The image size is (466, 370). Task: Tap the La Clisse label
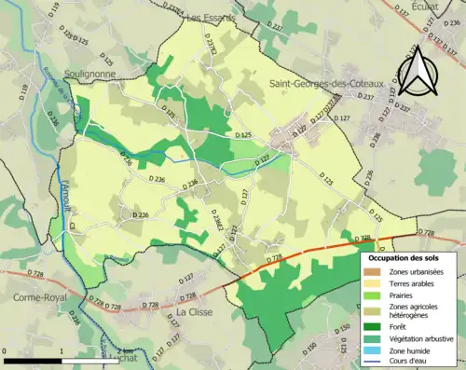[196, 311]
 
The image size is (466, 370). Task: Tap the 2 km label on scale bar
[118, 351]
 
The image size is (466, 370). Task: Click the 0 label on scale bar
[5, 351]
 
